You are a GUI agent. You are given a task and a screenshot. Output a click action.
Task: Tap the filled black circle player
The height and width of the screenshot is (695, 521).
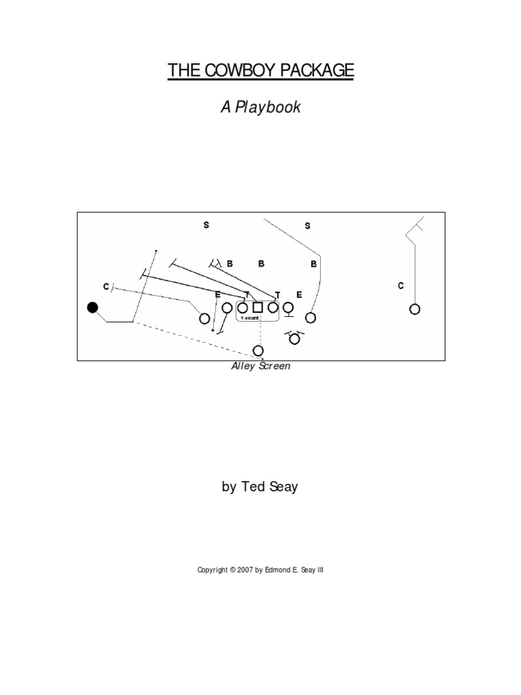93,307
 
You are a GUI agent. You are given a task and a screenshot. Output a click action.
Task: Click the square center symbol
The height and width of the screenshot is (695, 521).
258,308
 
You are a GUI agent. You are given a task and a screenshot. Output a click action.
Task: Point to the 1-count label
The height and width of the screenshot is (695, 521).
249,318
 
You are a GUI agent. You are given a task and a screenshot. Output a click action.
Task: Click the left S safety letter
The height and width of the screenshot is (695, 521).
206,225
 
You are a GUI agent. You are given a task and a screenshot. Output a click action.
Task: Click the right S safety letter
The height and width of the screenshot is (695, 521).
307,226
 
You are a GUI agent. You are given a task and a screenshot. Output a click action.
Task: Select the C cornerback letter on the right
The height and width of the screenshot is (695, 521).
401,286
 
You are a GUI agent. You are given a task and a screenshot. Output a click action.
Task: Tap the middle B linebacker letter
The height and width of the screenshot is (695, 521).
260,264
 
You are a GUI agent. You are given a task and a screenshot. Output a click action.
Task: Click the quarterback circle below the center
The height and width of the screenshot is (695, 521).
258,350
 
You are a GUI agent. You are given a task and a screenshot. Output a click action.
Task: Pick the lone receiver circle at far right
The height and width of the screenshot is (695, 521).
414,309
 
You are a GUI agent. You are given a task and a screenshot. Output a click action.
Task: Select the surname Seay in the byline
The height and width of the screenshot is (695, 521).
284,487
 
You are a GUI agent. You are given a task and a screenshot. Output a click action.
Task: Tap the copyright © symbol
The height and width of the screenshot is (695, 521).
231,571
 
